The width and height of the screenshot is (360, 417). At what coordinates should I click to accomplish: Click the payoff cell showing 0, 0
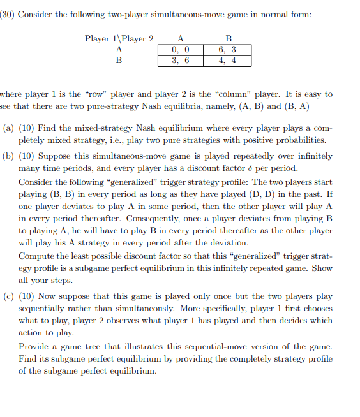point(181,50)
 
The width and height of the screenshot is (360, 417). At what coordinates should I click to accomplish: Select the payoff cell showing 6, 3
point(227,50)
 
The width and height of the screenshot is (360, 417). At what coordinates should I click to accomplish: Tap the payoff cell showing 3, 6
point(181,61)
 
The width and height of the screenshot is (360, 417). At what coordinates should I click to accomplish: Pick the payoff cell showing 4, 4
point(227,61)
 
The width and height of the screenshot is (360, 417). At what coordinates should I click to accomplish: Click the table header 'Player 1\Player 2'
point(119,39)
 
